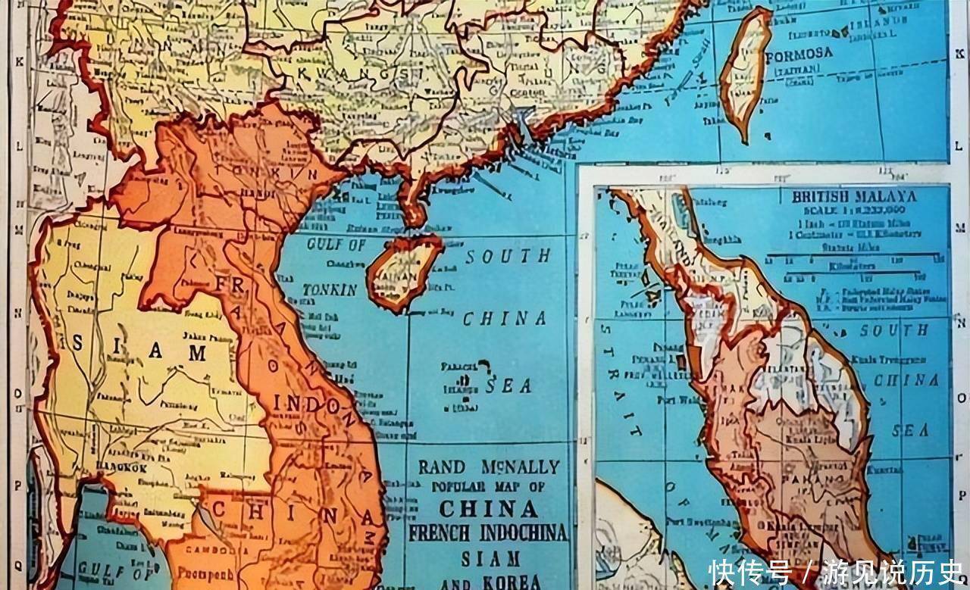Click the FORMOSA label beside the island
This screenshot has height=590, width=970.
click(x=799, y=55)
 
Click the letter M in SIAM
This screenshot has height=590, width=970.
click(x=197, y=353)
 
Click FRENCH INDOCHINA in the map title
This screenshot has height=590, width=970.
click(x=488, y=532)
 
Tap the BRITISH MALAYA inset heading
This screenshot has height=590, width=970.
click(x=854, y=197)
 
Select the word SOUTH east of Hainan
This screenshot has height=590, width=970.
click(x=508, y=257)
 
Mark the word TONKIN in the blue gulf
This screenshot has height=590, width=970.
click(x=330, y=289)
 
